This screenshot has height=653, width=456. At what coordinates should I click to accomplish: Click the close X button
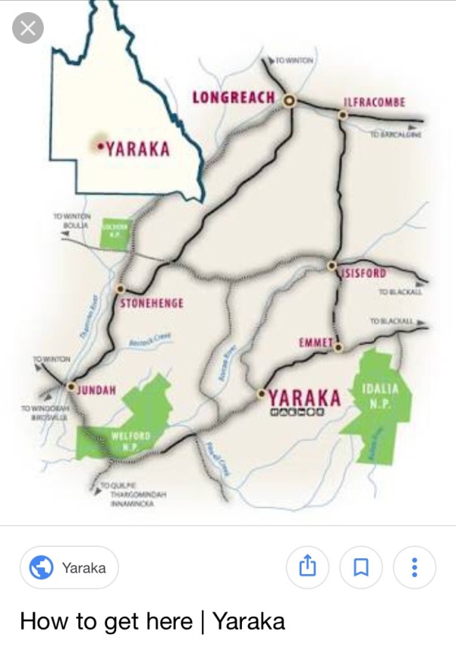[x=28, y=29]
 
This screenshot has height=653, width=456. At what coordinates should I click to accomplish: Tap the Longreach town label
[x=233, y=98]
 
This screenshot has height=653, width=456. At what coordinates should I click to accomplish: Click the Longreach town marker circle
[x=288, y=99]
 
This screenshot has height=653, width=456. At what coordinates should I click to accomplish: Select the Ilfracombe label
[x=374, y=102]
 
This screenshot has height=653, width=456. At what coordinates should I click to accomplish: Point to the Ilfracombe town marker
[x=342, y=115]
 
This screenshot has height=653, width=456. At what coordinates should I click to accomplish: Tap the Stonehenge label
[x=151, y=303]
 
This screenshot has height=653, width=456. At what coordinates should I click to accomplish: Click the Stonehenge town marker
[x=119, y=288]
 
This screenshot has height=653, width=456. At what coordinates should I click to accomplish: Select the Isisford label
[x=365, y=273]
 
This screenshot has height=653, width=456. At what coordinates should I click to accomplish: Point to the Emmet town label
[x=315, y=343]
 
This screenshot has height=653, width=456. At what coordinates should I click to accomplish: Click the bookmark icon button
[x=361, y=568]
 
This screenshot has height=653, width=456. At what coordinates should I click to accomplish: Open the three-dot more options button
[x=413, y=568]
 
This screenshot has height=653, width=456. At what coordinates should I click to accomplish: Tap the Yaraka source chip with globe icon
[x=69, y=568]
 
